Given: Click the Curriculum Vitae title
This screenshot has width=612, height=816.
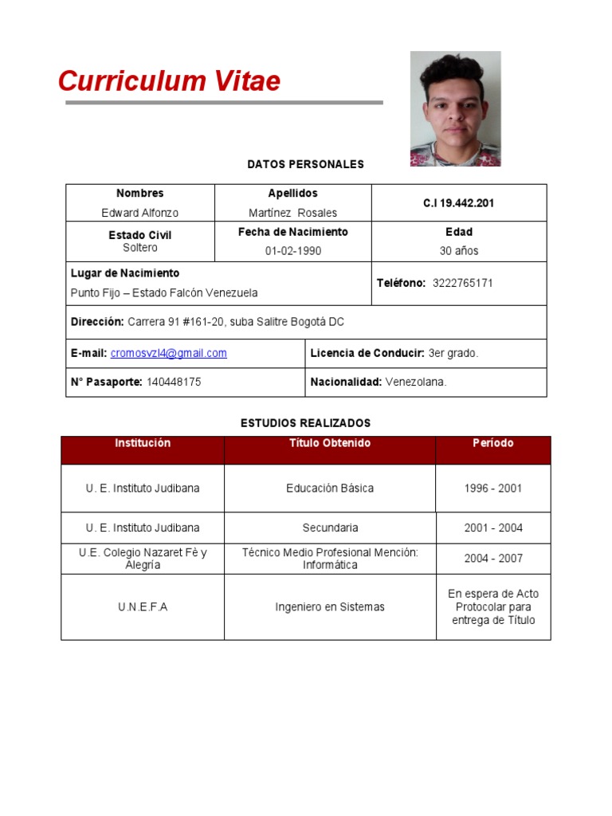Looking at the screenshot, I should point(169,81).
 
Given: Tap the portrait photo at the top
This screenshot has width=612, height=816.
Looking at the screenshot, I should point(455,108).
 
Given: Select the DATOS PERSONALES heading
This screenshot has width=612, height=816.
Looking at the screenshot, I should point(305,164).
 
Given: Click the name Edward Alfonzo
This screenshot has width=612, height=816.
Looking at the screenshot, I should point(139,213).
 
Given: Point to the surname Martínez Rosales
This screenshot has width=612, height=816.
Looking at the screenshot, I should point(292,213).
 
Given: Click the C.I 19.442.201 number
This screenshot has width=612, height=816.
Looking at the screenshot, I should point(458,203).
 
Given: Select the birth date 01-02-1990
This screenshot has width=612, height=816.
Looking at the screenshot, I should point(292,251).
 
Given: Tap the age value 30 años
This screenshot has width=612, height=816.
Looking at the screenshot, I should point(459,251).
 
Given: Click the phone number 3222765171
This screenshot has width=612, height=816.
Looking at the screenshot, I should point(462,283).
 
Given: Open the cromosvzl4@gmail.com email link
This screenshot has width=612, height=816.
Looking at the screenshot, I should point(168,353).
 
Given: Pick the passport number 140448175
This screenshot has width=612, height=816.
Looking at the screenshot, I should point(174,382).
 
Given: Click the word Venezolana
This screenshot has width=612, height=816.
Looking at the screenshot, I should point(416,382).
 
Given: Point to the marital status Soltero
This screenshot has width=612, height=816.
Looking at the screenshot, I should point(140,248).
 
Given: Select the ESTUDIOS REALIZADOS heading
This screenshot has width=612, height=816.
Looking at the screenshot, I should point(305,423).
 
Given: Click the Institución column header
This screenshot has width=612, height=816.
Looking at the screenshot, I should point(143,443).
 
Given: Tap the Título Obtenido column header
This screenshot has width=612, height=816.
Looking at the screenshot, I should point(330,443).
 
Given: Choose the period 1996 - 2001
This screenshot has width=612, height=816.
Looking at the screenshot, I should point(492,488).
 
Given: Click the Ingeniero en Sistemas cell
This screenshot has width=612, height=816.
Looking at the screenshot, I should point(330,607).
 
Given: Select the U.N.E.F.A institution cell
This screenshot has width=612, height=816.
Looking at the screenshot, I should point(143,607).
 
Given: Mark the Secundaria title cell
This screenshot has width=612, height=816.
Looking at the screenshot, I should point(330,528).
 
